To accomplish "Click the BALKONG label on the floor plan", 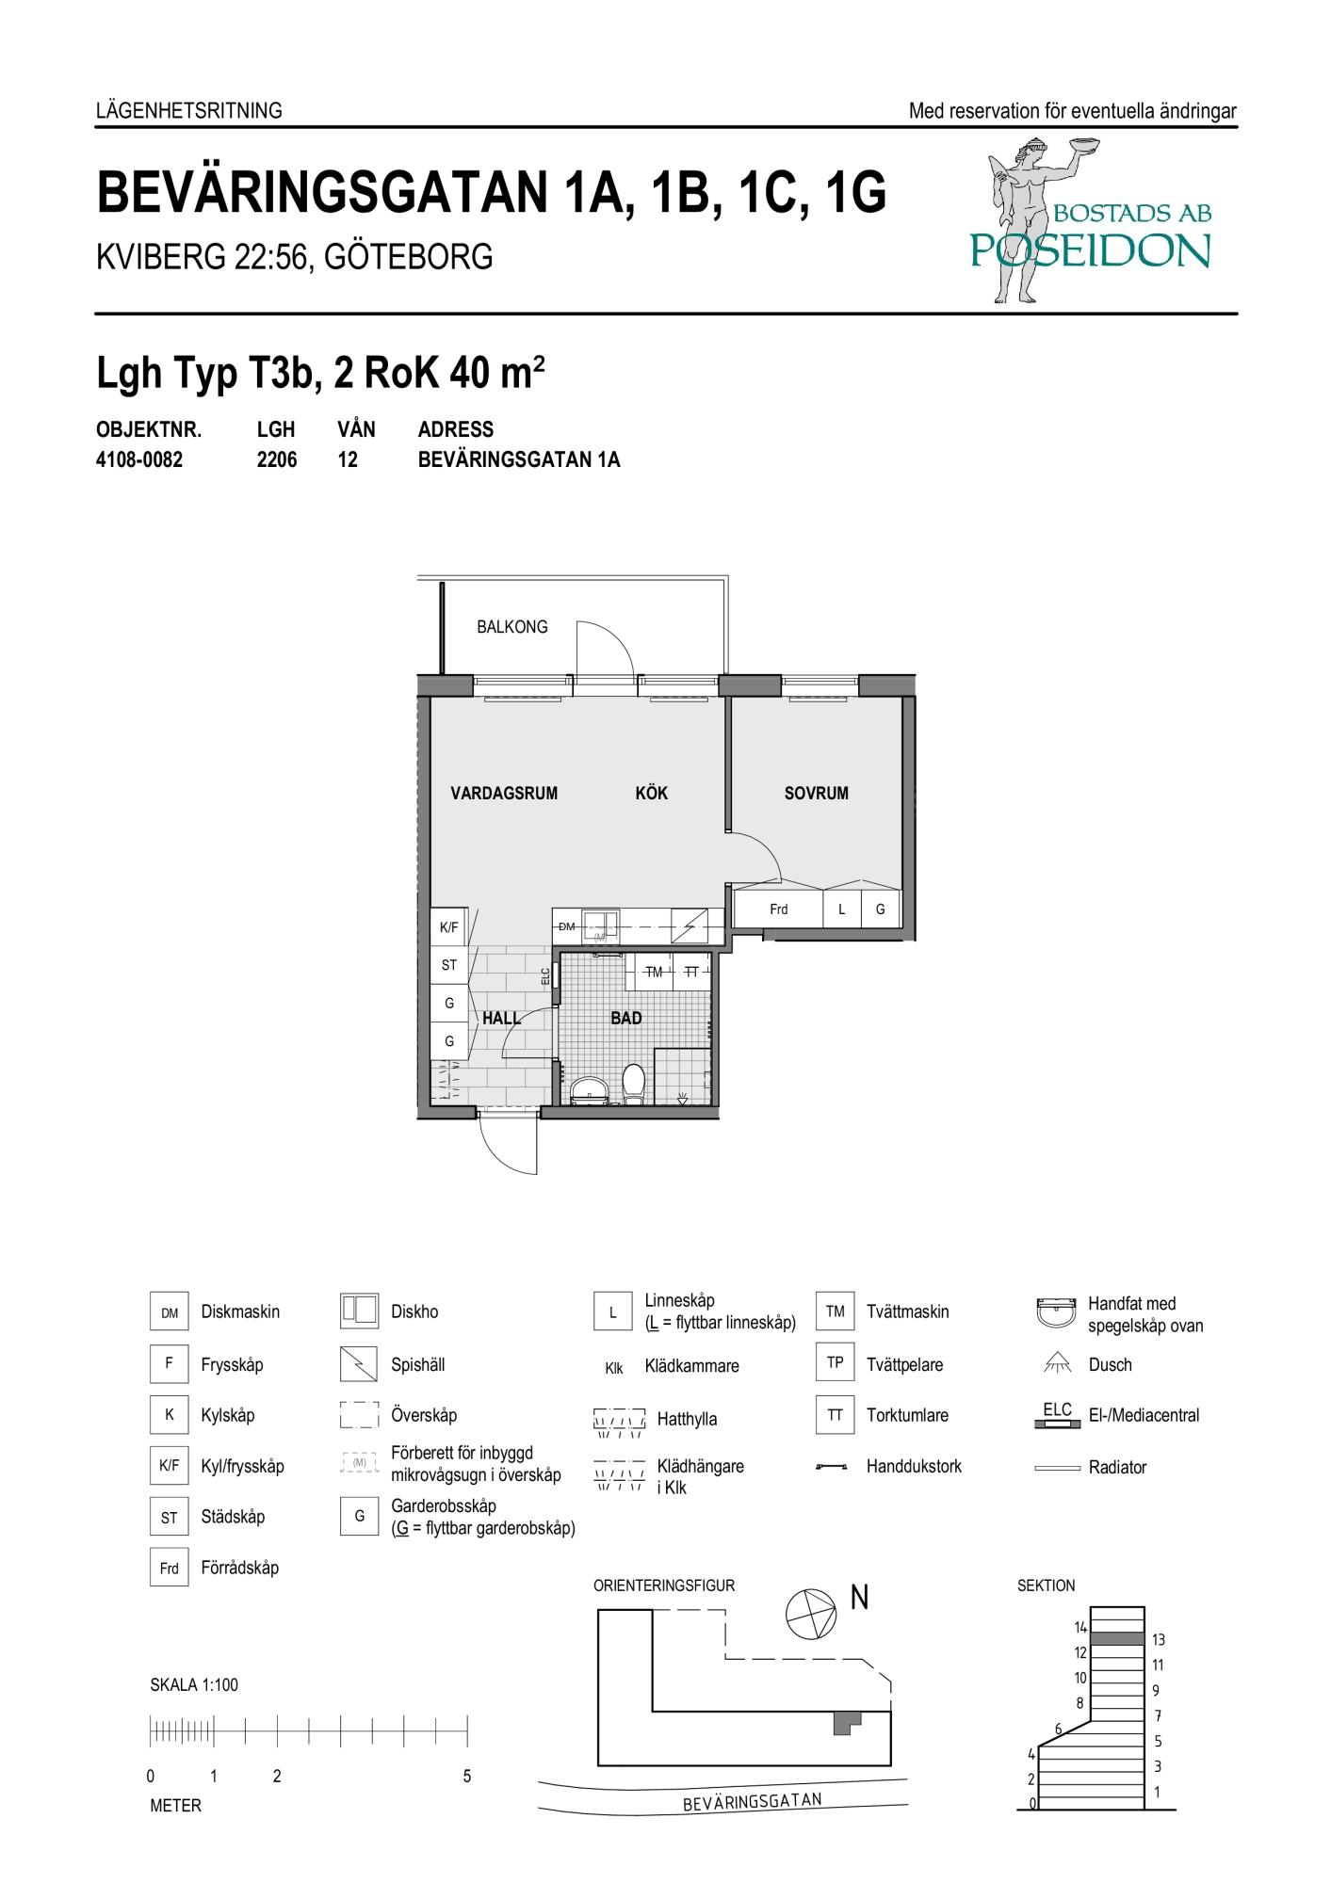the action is click(511, 627).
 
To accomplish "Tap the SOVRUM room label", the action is click(817, 794).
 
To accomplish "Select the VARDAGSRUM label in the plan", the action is click(504, 794).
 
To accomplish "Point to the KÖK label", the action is click(651, 793).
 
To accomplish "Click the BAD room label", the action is click(626, 1018).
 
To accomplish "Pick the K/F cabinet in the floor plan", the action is click(449, 927).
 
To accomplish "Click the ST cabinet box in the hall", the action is click(449, 965).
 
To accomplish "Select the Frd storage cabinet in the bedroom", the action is click(779, 909).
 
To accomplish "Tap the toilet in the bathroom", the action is click(634, 1084).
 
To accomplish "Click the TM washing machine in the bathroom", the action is click(654, 972).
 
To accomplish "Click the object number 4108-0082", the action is click(139, 460).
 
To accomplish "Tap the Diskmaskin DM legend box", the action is click(170, 1312).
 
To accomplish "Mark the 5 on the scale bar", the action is click(466, 1777).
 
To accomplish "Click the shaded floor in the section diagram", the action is click(1116, 1639).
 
